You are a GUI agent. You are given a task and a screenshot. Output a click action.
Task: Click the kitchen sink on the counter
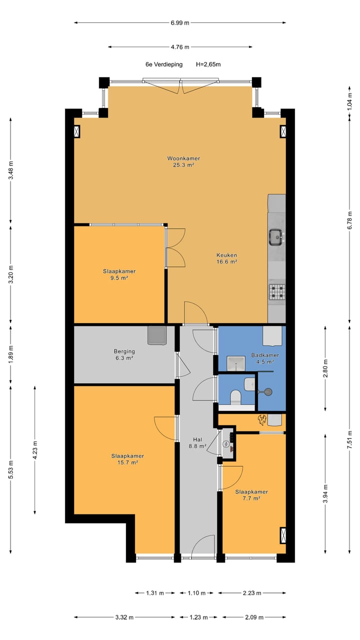pos(276,237)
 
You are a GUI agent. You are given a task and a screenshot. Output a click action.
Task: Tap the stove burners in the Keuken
pos(276,292)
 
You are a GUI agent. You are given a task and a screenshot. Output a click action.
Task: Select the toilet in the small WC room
pos(235,398)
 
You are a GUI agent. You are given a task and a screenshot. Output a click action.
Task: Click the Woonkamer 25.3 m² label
pos(180,161)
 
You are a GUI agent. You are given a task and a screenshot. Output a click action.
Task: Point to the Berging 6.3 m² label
pos(123,354)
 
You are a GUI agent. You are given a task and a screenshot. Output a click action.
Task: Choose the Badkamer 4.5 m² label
pos(264,358)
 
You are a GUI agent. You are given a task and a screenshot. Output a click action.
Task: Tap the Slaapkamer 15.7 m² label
pos(127,459)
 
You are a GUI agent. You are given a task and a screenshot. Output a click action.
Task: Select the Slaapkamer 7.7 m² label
pos(251,494)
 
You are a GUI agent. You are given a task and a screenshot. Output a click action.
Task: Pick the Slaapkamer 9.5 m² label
pos(119,274)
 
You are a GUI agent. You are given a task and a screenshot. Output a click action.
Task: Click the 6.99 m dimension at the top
pos(180,22)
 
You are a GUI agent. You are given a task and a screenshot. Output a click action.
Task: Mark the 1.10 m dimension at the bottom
pos(196,593)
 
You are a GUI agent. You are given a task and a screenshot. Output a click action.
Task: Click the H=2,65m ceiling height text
pos(208,64)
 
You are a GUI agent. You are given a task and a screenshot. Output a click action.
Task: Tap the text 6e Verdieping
pos(163,64)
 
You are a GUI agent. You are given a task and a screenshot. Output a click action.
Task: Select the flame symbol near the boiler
pos(261,420)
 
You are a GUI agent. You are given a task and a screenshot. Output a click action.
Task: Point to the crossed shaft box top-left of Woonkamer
pos(77,131)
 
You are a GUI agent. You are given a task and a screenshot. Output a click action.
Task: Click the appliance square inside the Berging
pos(156,335)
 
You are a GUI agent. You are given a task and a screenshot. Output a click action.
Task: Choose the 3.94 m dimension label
pos(325,494)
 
